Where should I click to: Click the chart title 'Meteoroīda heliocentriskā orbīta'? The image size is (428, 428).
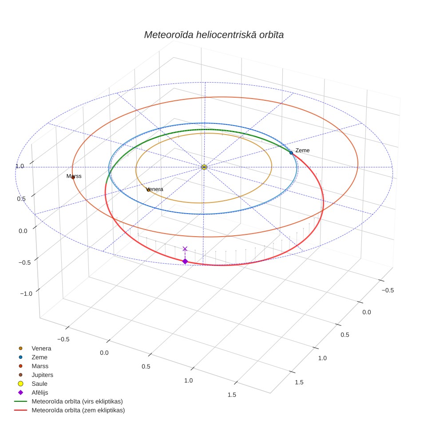pos(214,35)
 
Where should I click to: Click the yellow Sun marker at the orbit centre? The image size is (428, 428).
pos(204,167)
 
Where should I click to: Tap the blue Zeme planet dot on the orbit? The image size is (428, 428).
pos(291,153)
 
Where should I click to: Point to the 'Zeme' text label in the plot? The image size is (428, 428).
pos(302,151)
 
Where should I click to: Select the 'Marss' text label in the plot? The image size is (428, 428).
pos(74,176)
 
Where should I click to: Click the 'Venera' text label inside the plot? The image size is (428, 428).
pos(155,189)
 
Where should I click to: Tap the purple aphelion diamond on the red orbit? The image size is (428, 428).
pos(185,261)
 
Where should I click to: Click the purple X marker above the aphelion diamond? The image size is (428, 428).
pos(185,249)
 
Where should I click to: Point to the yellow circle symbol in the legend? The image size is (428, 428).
pos(20,384)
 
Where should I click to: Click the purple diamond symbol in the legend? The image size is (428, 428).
pos(20,392)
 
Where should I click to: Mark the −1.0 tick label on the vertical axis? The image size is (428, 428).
pos(26,294)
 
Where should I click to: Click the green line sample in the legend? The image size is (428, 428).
pos(20,401)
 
